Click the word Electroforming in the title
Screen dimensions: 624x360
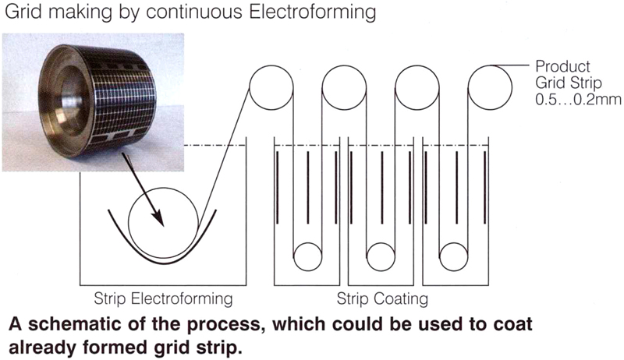(x=312, y=12)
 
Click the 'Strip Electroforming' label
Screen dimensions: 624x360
(x=163, y=298)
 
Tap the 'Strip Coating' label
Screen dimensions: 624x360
(x=382, y=298)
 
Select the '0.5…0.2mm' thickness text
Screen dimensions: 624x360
(x=578, y=99)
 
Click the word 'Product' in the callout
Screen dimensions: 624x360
(x=562, y=66)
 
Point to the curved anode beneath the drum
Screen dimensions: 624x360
(x=162, y=264)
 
